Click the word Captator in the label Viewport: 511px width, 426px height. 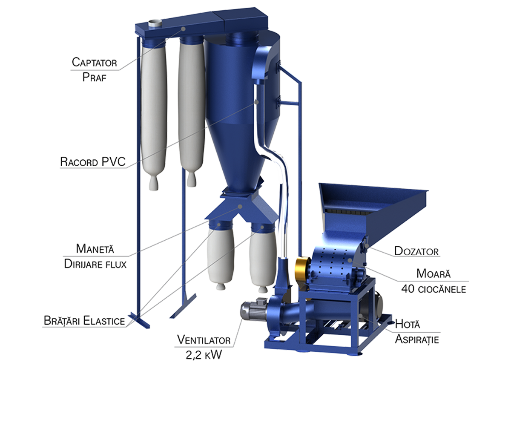tap(94, 62)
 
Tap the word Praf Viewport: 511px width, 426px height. tap(94, 78)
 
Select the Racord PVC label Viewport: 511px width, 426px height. tap(93, 161)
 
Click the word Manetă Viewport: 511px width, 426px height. tap(95, 249)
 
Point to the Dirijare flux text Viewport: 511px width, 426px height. tap(95, 264)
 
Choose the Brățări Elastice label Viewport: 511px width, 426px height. tap(84, 320)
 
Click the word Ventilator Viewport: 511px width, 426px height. tap(204, 340)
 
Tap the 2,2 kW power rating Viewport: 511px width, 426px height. tap(204, 355)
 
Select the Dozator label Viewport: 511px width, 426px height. tap(416, 251)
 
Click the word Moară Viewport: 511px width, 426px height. tap(433, 273)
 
